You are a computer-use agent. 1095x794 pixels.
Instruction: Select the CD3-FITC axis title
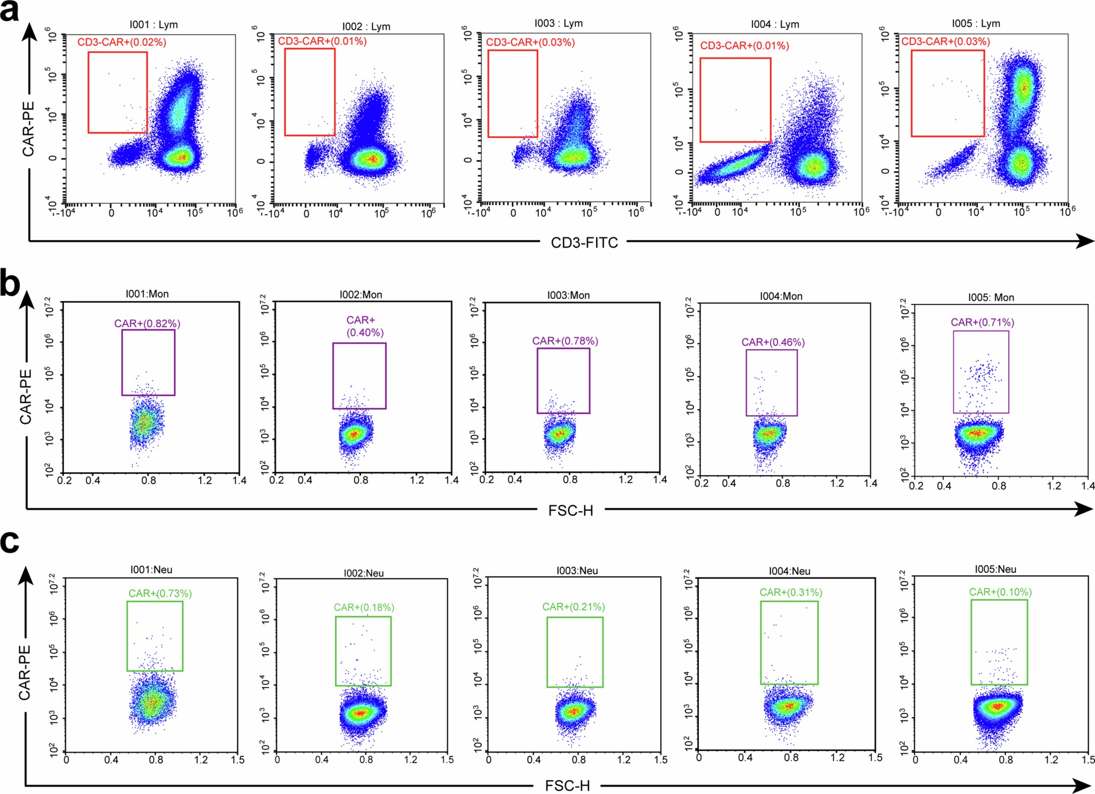point(584,243)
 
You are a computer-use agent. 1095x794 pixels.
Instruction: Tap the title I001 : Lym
point(154,25)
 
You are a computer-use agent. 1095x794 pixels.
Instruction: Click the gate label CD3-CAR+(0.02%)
point(121,42)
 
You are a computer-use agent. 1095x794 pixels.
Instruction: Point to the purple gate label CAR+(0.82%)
point(147,323)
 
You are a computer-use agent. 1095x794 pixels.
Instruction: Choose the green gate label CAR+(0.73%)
point(160,593)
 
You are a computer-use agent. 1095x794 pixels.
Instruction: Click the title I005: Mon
point(990,297)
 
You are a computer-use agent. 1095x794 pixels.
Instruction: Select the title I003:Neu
point(577,571)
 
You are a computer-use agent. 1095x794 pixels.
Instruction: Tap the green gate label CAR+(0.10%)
point(1000,592)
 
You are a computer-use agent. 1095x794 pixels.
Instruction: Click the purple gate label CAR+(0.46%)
point(773,342)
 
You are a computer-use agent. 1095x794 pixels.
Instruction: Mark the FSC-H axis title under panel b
point(570,511)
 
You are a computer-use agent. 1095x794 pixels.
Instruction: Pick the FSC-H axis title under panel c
point(567,786)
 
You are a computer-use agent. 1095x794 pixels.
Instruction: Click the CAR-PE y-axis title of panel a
point(28,128)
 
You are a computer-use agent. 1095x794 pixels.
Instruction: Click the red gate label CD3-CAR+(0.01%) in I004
point(744,46)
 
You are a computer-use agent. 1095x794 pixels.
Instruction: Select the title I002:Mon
point(361,294)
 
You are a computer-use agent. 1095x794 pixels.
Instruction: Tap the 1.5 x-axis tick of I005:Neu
point(1088,760)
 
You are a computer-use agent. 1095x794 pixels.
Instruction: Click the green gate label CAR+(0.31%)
point(790,592)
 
